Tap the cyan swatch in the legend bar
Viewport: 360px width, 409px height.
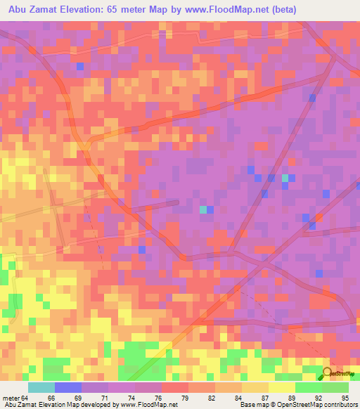41,388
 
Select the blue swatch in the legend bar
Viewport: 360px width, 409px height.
68,388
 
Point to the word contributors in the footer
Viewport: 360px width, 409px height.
340,404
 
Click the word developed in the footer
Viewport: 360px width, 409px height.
91,404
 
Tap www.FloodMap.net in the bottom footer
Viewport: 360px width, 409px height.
142,404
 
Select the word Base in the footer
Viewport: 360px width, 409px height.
247,404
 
